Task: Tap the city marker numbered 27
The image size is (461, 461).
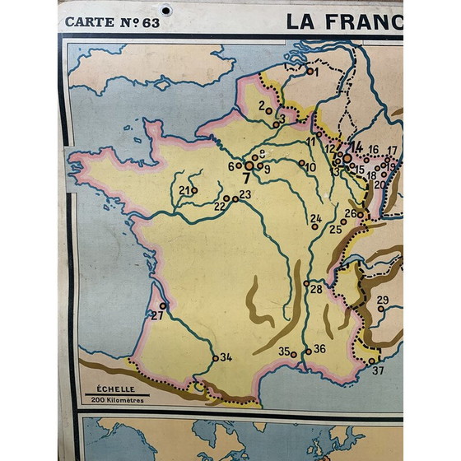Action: [x=163, y=306]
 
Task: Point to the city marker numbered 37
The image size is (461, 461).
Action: [x=372, y=360]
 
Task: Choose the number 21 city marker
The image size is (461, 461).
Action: [x=194, y=191]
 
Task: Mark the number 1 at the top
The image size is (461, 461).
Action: [x=314, y=71]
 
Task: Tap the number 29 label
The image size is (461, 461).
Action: [x=383, y=300]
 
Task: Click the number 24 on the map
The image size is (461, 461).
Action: [x=316, y=218]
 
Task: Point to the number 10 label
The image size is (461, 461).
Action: [x=310, y=166]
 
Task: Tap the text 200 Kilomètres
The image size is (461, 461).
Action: [x=119, y=400]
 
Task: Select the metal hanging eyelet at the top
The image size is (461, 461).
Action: [x=167, y=11]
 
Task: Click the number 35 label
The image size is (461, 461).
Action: [x=284, y=352]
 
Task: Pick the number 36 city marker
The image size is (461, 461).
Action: [x=308, y=351]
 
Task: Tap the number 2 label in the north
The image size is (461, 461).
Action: [x=262, y=105]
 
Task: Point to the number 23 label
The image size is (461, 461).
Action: [x=244, y=195]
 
